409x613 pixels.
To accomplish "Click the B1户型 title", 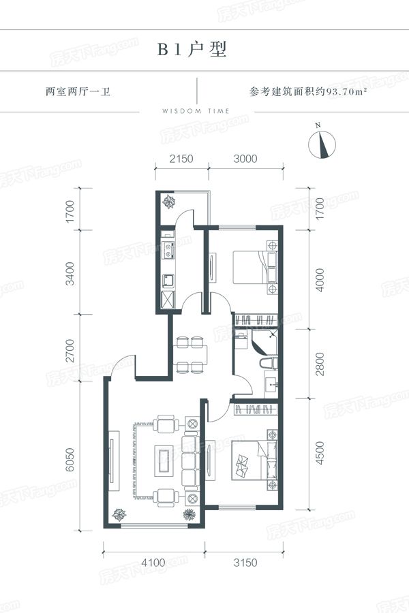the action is click(x=192, y=50).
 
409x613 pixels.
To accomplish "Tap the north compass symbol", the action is click(x=322, y=143).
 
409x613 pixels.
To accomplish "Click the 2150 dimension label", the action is click(x=181, y=159).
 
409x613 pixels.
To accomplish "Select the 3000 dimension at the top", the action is click(x=245, y=159).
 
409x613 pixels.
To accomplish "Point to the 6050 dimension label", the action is click(x=70, y=459).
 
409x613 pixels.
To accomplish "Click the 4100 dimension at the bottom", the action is click(x=153, y=563).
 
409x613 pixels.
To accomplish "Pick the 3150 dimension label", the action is click(x=245, y=563).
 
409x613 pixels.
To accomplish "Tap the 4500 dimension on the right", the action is click(x=320, y=453).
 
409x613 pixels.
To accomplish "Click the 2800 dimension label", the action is click(x=320, y=364).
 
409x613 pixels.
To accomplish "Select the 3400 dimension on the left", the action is click(x=70, y=273).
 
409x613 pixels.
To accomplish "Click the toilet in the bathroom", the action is click(x=269, y=363).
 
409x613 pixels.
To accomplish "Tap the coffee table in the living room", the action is click(x=164, y=460).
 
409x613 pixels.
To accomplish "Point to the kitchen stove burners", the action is click(x=168, y=251).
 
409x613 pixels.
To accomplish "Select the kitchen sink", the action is click(x=168, y=281).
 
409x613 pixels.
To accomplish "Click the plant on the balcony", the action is click(x=169, y=202).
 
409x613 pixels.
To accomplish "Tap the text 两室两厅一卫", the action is click(x=78, y=92).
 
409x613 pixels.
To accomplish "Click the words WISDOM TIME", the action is click(x=196, y=111).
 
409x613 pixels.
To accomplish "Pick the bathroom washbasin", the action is click(x=271, y=385).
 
